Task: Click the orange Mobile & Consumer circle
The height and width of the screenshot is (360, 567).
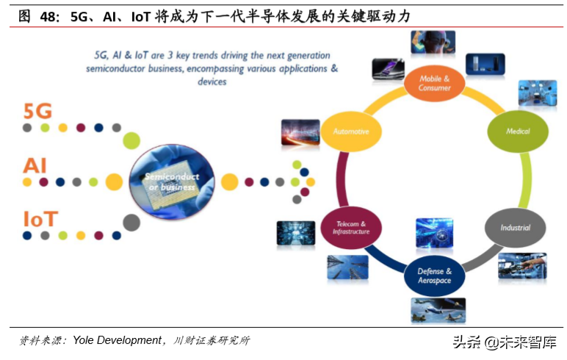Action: click(434, 83)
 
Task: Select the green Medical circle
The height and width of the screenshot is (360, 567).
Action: click(518, 131)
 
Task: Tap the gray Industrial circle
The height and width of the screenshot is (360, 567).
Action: click(515, 227)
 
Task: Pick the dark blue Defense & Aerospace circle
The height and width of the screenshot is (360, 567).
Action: click(434, 276)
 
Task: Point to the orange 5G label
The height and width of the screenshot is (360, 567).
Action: click(37, 111)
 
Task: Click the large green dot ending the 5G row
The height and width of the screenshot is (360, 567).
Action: click(131, 140)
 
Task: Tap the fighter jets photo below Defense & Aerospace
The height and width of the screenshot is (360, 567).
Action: click(437, 310)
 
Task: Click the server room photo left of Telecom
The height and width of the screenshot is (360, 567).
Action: click(295, 233)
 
